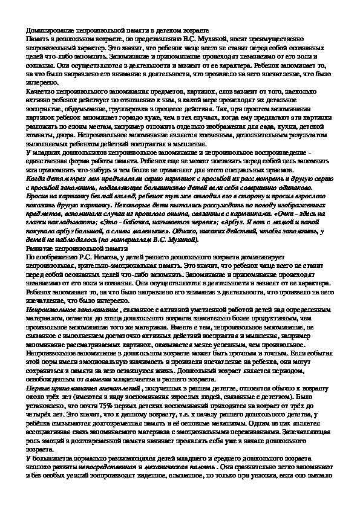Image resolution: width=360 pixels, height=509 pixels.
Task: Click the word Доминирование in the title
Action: pos(53,29)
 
